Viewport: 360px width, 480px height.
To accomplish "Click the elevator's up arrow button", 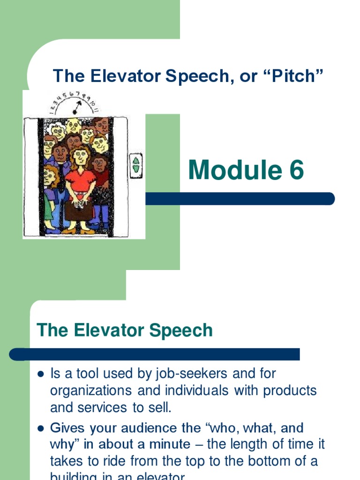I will (x=136, y=161).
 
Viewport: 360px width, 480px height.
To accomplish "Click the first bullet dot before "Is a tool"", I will (x=40, y=374).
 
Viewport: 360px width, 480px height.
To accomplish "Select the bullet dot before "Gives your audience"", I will (x=40, y=428).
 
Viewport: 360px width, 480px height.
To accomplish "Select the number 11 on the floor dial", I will (x=96, y=110).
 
